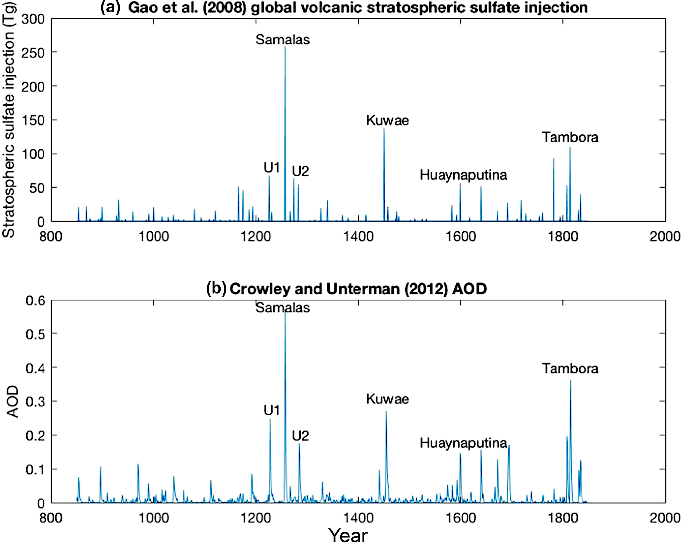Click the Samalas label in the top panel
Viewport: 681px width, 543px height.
coord(283,40)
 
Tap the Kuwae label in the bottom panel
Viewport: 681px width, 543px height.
coord(387,399)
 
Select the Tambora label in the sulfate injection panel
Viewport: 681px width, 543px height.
coord(570,137)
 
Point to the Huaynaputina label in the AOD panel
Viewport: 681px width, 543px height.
coord(463,443)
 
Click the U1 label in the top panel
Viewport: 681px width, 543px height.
coord(271,168)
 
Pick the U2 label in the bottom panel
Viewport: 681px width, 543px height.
coord(300,436)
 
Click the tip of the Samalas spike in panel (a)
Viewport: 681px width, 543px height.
coord(285,47)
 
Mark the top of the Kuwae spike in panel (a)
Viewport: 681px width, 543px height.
coord(384,129)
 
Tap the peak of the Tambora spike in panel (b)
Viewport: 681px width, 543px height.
coord(570,381)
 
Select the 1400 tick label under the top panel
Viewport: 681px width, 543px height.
coord(358,237)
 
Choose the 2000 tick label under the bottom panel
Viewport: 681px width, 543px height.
coord(665,518)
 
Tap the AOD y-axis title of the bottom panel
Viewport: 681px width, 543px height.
coord(13,402)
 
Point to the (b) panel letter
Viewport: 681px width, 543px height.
coord(216,289)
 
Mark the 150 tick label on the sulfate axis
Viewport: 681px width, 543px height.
coord(33,120)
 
